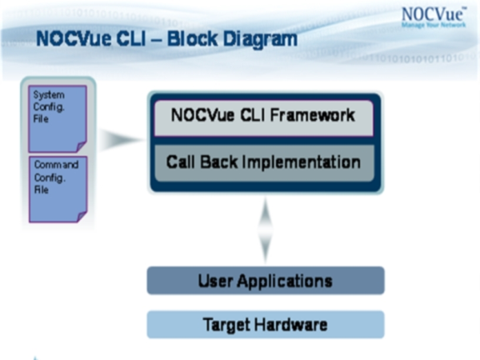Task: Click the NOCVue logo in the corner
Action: click(x=434, y=18)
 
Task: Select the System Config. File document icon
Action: click(x=58, y=118)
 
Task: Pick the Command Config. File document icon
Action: click(x=58, y=189)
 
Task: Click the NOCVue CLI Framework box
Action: click(x=263, y=118)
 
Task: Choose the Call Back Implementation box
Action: click(x=264, y=163)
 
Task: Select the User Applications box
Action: click(x=266, y=281)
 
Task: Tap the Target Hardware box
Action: click(x=266, y=325)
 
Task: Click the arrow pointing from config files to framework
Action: click(x=121, y=139)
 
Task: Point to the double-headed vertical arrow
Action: click(x=265, y=230)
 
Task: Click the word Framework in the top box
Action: click(x=312, y=115)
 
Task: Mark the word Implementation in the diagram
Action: click(x=302, y=162)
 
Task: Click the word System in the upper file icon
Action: click(x=49, y=95)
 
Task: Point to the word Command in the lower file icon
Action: click(x=56, y=165)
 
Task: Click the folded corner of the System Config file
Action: click(x=82, y=146)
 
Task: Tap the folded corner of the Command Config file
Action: click(x=82, y=217)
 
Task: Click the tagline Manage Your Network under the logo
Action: click(x=434, y=25)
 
